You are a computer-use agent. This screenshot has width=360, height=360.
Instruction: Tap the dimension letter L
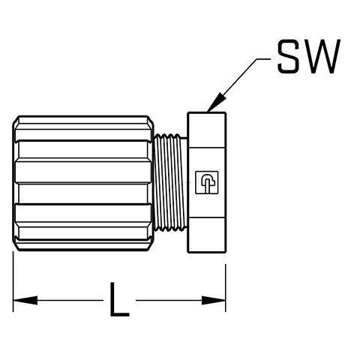tap(119, 299)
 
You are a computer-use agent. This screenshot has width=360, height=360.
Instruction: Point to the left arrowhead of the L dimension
tap(25, 300)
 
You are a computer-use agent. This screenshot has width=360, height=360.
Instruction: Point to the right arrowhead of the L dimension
tap(214, 300)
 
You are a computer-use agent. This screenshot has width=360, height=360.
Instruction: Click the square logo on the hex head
tap(206, 182)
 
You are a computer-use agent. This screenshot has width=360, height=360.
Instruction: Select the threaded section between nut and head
tap(170, 182)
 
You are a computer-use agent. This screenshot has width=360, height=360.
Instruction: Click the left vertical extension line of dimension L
tap(13, 281)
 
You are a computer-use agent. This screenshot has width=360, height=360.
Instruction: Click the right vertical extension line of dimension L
tap(226, 288)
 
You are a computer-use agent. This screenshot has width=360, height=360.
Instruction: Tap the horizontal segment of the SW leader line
tap(263, 59)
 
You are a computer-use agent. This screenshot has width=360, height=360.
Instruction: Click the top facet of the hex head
tap(207, 130)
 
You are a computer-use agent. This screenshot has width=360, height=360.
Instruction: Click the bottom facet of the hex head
tap(207, 235)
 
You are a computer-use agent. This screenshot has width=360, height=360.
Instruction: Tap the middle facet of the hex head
tap(207, 182)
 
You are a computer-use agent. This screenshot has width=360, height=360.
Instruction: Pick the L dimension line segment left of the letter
tap(58, 300)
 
